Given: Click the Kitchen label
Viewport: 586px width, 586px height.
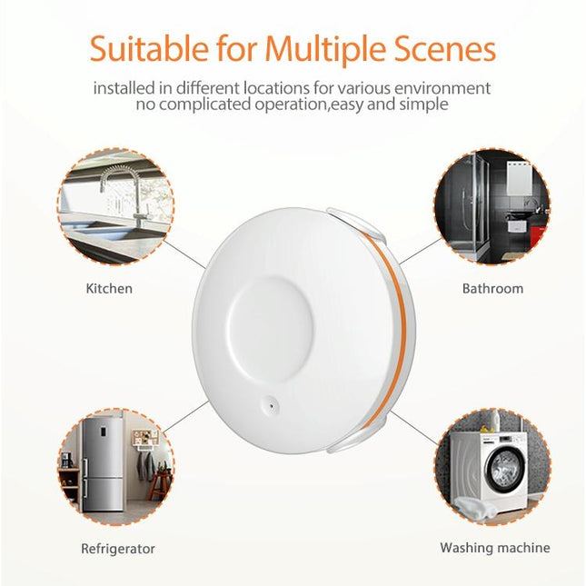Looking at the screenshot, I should point(109,289).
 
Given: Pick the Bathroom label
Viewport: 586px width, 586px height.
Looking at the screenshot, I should point(492,289).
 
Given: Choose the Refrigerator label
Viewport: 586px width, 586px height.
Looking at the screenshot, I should point(118,549).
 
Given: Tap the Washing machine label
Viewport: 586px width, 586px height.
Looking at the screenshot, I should point(494,548).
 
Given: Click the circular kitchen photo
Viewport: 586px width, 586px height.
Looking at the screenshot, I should point(115,208).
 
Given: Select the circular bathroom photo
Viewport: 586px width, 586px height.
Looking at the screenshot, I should point(492,208).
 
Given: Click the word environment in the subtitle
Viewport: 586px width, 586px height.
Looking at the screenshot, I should point(443,88).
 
